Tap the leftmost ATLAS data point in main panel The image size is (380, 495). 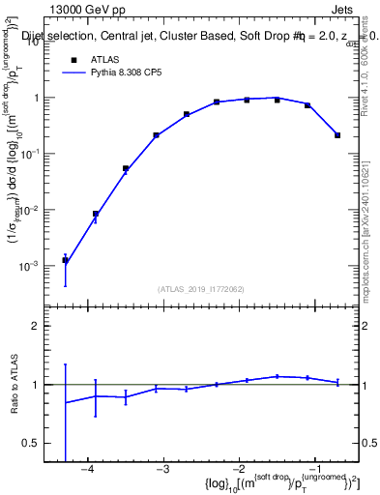click(x=65, y=260)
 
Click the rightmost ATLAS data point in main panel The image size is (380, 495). click(x=337, y=135)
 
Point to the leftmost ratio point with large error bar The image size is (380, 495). click(x=65, y=402)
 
